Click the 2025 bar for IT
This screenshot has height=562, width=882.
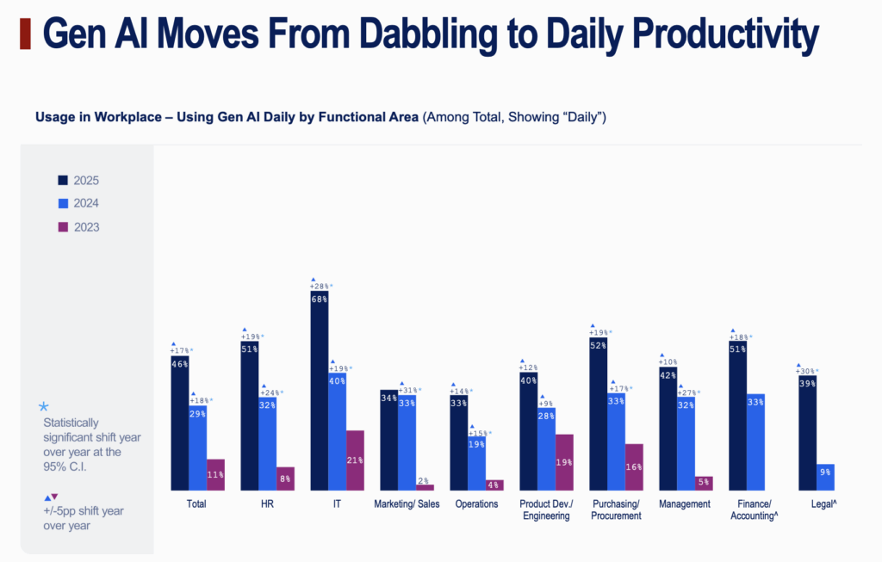click(x=319, y=391)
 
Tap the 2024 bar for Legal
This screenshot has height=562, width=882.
click(x=825, y=477)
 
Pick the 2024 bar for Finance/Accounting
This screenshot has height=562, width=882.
click(x=755, y=442)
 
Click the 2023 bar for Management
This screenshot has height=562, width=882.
click(x=704, y=483)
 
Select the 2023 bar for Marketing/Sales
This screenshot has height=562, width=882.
click(x=425, y=487)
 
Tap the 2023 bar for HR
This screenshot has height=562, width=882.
click(x=285, y=479)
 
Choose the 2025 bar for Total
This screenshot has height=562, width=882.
click(x=179, y=423)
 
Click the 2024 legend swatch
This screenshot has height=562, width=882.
click(x=63, y=204)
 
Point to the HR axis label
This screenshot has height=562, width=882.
click(x=267, y=504)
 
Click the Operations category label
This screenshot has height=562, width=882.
click(x=476, y=504)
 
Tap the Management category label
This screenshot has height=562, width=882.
click(x=686, y=504)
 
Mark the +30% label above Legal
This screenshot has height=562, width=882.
click(x=807, y=371)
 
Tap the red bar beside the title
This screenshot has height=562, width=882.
click(x=25, y=35)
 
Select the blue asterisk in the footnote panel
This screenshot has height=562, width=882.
click(x=44, y=406)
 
